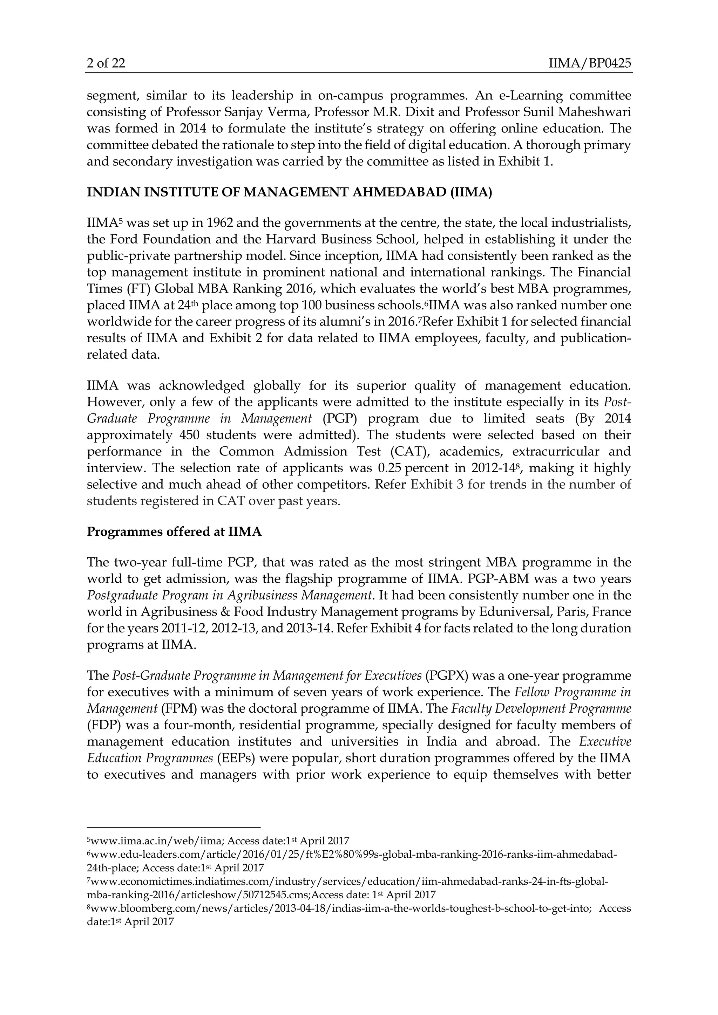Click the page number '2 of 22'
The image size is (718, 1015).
click(106, 64)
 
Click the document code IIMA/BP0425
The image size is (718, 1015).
click(589, 64)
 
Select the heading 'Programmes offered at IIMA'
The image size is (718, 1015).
click(174, 532)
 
